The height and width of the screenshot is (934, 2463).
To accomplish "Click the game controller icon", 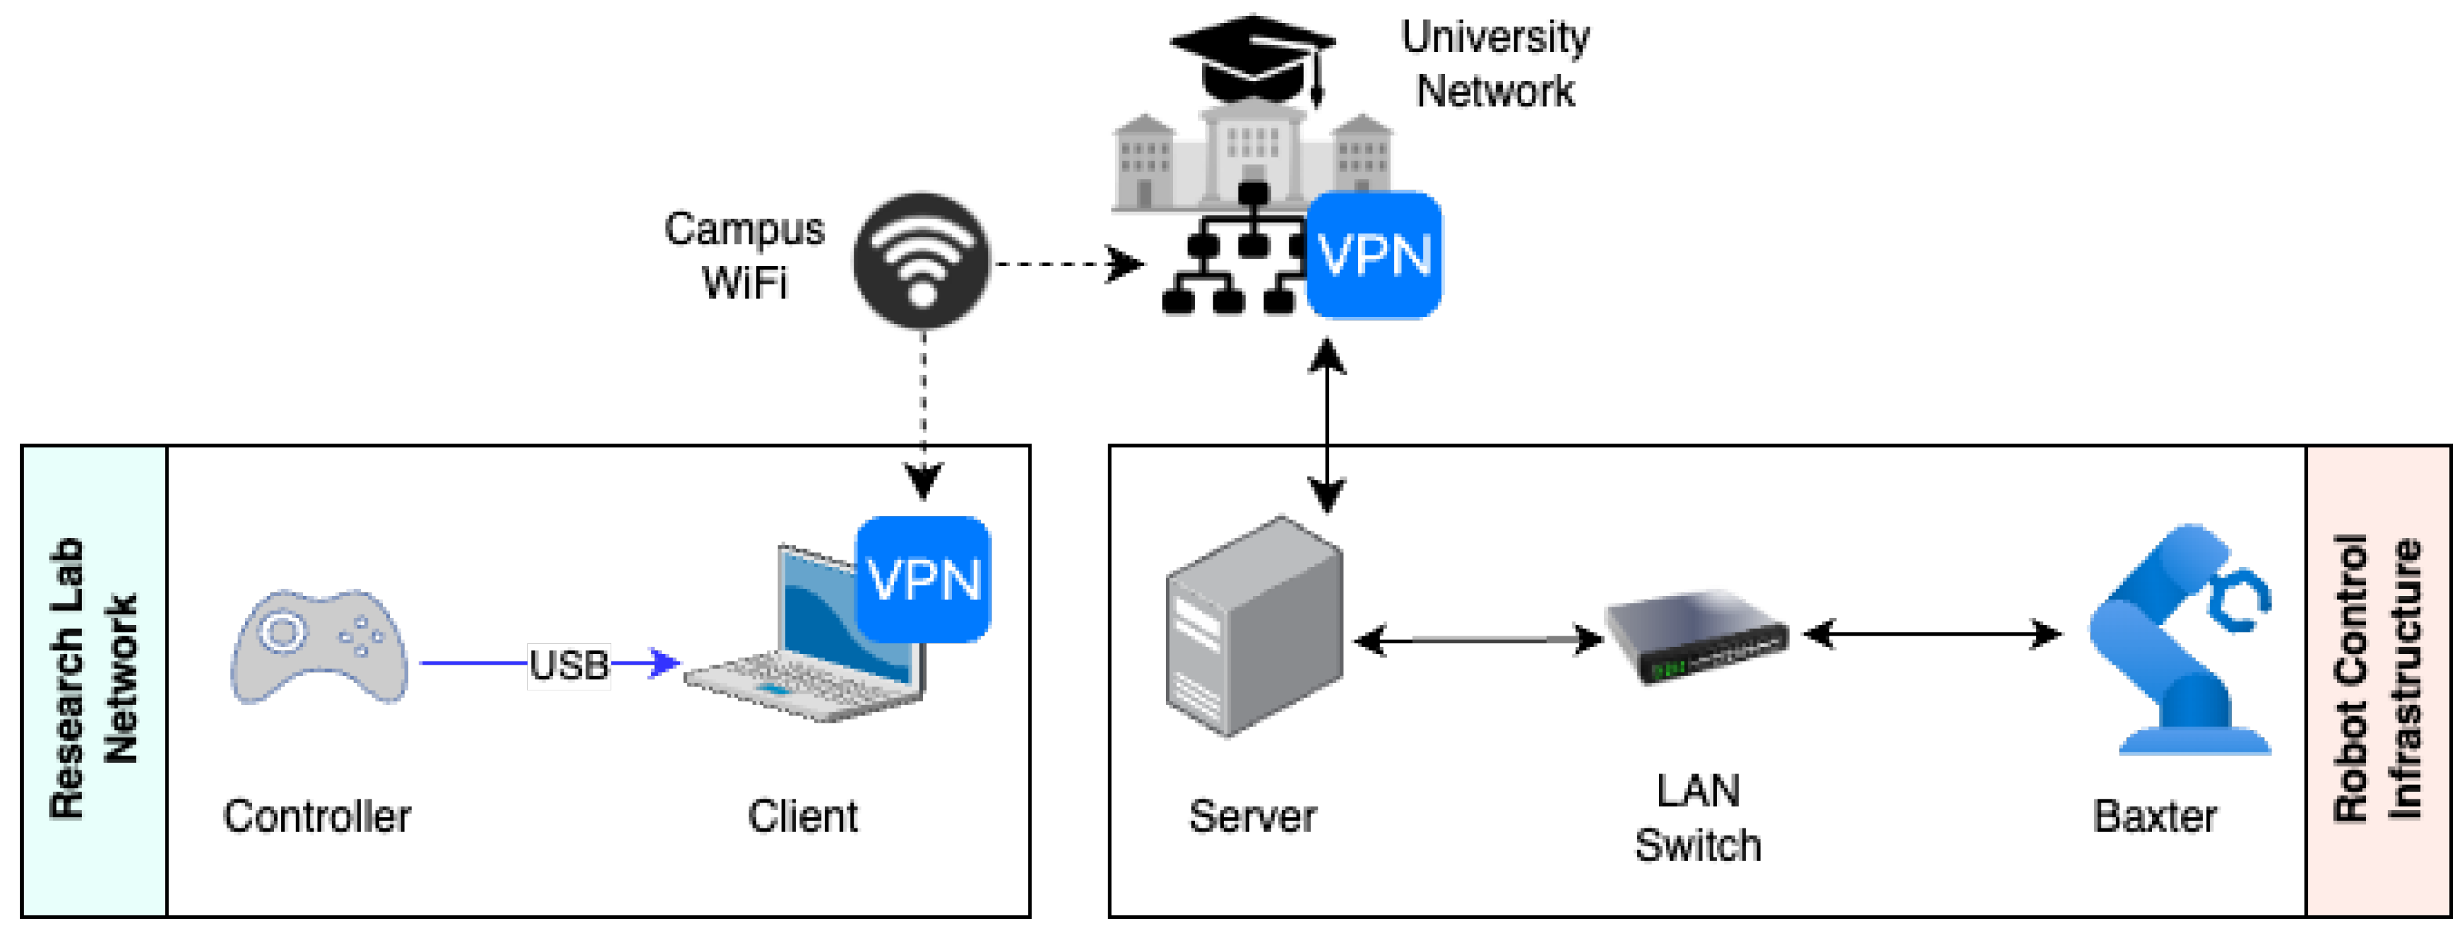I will pos(320,648).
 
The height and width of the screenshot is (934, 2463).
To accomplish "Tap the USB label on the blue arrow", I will pos(569,663).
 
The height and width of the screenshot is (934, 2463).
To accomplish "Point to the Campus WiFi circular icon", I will pos(922,261).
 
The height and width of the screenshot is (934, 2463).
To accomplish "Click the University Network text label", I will pos(1495,64).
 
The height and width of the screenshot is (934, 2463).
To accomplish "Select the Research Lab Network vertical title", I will pos(94,679).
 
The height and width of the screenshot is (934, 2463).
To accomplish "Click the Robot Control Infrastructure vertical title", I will pos(2377,679).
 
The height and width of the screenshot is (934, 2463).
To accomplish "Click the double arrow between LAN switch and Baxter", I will pos(1932,634).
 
